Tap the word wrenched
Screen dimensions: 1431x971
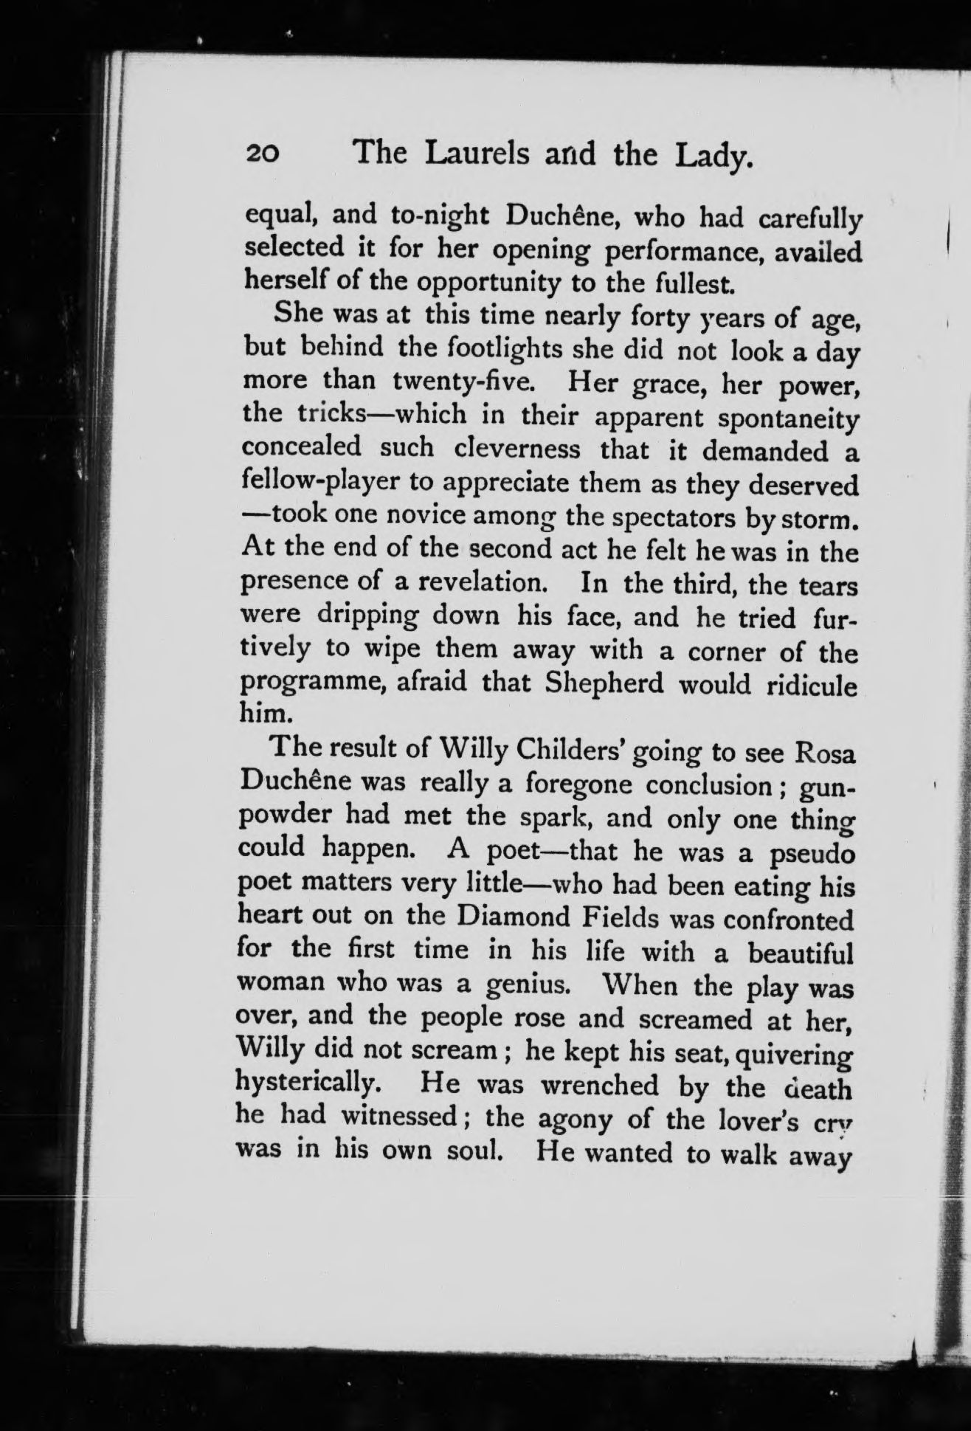click(x=599, y=1086)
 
